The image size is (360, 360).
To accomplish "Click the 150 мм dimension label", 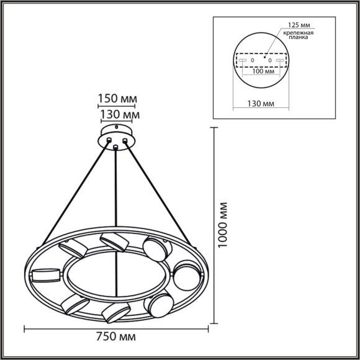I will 117,99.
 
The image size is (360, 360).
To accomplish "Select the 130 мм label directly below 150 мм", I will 119,115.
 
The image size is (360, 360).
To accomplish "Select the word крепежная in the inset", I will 299,32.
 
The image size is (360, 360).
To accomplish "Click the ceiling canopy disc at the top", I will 116,136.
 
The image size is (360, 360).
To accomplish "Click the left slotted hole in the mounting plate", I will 243,60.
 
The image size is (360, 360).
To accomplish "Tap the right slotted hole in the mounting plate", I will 280,60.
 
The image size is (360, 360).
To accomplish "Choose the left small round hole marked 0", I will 252,60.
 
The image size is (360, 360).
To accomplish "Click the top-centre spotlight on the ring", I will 114,241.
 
